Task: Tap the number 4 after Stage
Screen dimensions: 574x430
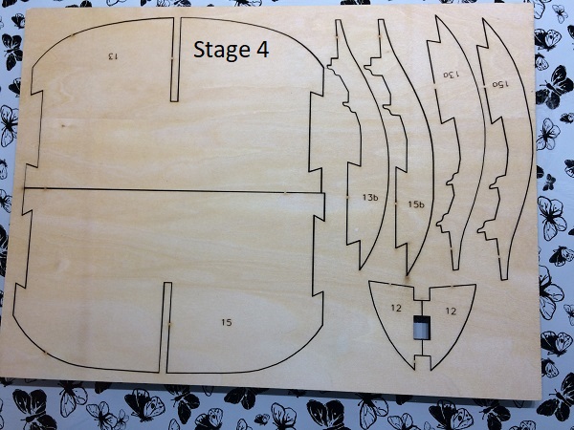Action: (x=262, y=49)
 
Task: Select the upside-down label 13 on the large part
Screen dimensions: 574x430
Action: (x=112, y=56)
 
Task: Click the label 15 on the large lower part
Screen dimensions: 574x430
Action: (x=227, y=322)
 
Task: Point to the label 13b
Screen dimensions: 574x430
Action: (x=370, y=198)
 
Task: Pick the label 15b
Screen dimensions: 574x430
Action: (x=416, y=204)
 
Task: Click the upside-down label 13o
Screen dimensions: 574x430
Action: (x=451, y=75)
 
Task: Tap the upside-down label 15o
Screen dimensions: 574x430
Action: (x=500, y=84)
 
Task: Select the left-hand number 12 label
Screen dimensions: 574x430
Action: (x=396, y=308)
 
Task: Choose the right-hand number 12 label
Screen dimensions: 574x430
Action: (x=451, y=312)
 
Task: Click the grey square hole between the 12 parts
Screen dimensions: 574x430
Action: (x=422, y=326)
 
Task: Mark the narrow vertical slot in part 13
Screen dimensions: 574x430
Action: (x=175, y=59)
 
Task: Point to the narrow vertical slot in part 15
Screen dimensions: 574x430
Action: (x=166, y=327)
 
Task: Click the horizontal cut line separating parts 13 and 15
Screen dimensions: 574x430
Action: (x=173, y=190)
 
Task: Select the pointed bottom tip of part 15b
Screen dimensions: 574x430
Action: (x=408, y=274)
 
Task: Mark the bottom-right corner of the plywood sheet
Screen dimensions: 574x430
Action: (x=541, y=398)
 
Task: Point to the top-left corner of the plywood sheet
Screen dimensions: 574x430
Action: (x=27, y=10)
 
